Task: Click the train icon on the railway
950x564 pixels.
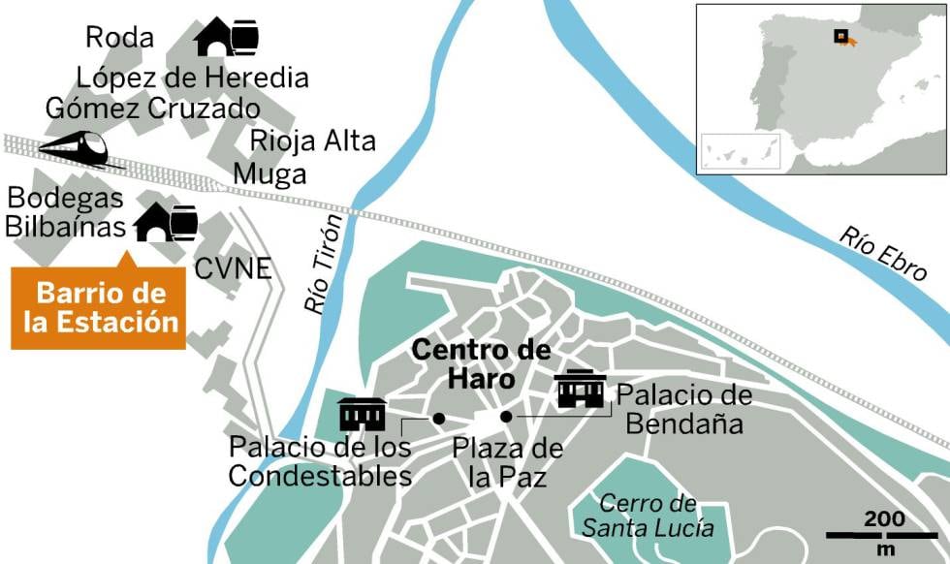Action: tap(73, 148)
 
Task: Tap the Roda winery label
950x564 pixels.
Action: tap(119, 38)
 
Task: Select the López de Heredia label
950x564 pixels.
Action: tap(192, 77)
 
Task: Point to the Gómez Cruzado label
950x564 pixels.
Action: tap(152, 108)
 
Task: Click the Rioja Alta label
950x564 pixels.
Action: tap(312, 141)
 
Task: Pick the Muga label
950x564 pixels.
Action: tap(278, 174)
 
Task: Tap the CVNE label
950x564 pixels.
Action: tap(233, 267)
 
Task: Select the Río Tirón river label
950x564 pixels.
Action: tap(325, 264)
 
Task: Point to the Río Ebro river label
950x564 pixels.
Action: tap(882, 254)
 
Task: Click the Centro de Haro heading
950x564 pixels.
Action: tap(481, 363)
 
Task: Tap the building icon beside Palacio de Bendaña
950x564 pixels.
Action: tap(582, 390)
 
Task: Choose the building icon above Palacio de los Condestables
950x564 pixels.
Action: tap(363, 414)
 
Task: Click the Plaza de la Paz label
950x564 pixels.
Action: tap(507, 463)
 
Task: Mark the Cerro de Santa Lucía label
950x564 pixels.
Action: tap(648, 516)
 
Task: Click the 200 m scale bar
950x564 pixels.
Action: tap(881, 533)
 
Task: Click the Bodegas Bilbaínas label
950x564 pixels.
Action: tap(66, 212)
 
